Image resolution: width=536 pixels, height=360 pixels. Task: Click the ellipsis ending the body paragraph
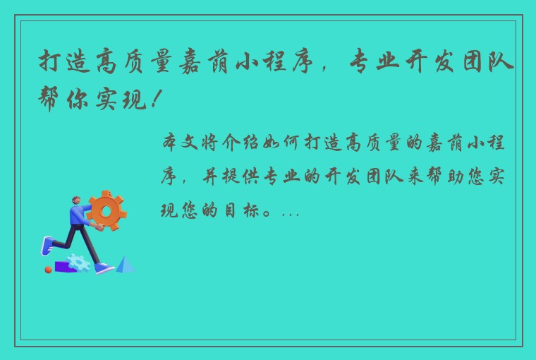tap(291, 215)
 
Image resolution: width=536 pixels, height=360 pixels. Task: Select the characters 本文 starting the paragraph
tap(180, 143)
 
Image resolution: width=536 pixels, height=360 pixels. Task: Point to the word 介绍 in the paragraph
tap(240, 143)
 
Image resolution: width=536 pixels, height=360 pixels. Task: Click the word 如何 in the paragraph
tap(281, 143)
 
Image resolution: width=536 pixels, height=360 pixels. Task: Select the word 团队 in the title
tap(488, 62)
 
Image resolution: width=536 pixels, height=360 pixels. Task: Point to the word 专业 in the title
tap(374, 62)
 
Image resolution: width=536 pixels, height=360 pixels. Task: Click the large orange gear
tap(106, 210)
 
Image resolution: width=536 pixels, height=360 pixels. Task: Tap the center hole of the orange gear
tap(106, 212)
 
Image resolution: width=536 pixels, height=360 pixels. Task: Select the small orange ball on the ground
tap(48, 270)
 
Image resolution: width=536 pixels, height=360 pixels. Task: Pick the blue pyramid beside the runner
tap(125, 265)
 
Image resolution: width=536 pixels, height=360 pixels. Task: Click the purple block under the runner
tap(64, 267)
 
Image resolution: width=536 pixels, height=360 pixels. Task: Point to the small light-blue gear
tap(78, 263)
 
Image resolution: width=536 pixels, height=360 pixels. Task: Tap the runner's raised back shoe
tap(47, 246)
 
